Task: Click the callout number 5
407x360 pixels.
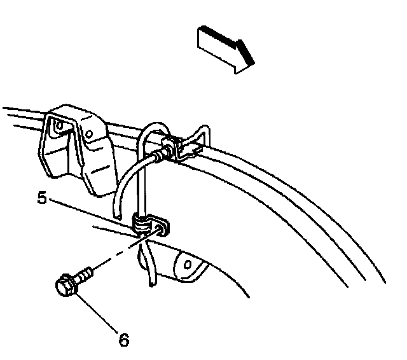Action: (x=43, y=199)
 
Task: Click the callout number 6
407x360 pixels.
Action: (x=125, y=340)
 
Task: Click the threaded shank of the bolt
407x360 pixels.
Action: (x=85, y=274)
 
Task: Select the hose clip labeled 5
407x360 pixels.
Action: (x=143, y=225)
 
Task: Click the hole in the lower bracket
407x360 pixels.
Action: (x=186, y=262)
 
